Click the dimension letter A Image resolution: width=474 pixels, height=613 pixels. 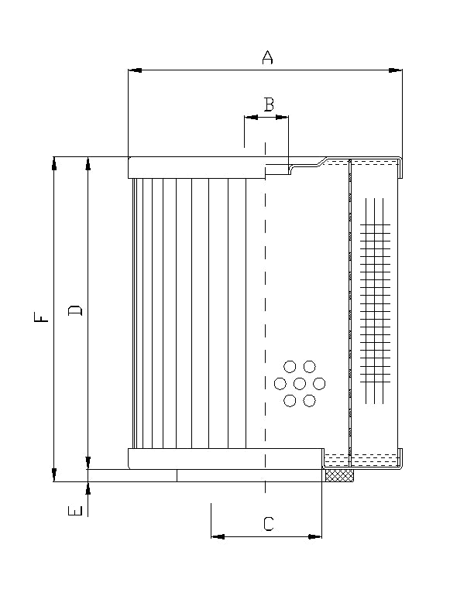point(267,57)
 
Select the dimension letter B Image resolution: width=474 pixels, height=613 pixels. point(267,104)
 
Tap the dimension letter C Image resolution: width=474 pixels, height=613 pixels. point(267,524)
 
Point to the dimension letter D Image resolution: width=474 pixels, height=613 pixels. point(75,311)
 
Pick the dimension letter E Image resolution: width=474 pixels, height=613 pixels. point(75,511)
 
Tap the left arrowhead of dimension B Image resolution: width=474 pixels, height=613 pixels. point(250,118)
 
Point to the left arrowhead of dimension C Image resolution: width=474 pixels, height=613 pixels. point(218,536)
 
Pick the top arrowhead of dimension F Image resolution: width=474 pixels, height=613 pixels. point(54,163)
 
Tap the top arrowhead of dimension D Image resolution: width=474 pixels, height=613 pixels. point(88,163)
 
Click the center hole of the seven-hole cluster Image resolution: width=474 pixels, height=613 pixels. point(300,383)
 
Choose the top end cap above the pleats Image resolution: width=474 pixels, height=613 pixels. point(197,167)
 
